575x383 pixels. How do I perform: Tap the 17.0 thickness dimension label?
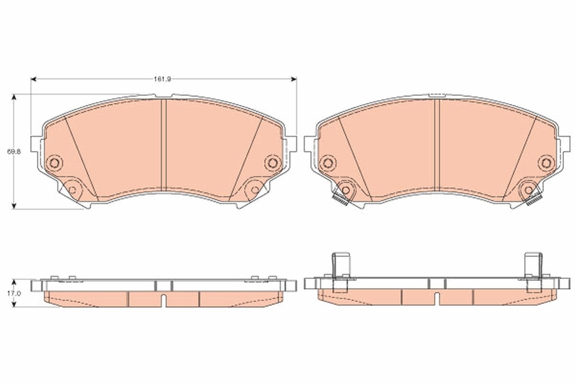coord(16,293)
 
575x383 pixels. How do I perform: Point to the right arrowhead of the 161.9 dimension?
coord(294,79)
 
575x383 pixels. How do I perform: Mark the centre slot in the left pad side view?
coord(164,301)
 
